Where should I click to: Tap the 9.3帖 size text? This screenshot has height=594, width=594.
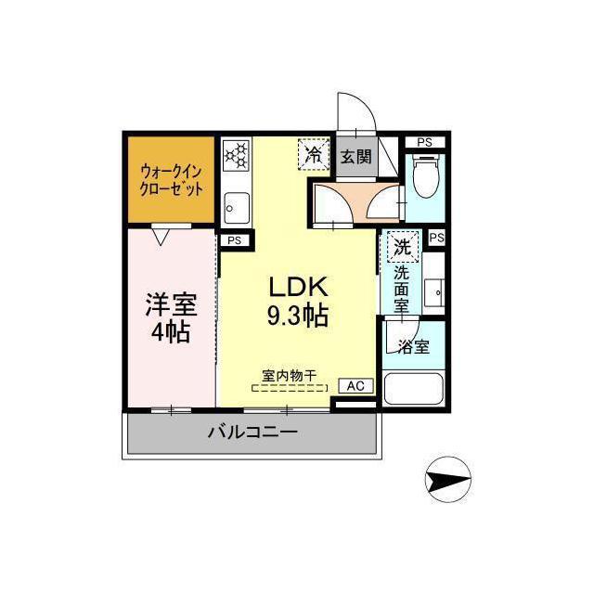(297, 316)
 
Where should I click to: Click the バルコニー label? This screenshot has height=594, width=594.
(252, 433)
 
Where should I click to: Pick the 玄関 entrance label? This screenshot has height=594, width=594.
(355, 157)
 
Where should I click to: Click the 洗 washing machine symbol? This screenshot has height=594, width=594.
(403, 247)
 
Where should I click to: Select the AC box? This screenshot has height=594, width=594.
(355, 385)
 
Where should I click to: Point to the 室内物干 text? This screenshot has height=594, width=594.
(289, 376)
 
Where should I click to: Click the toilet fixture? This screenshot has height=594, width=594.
(426, 178)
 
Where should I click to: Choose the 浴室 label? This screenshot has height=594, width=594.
(413, 348)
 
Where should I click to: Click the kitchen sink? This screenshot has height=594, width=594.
(236, 208)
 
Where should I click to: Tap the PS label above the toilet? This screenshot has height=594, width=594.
(424, 142)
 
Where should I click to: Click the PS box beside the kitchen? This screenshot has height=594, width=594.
(234, 239)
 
